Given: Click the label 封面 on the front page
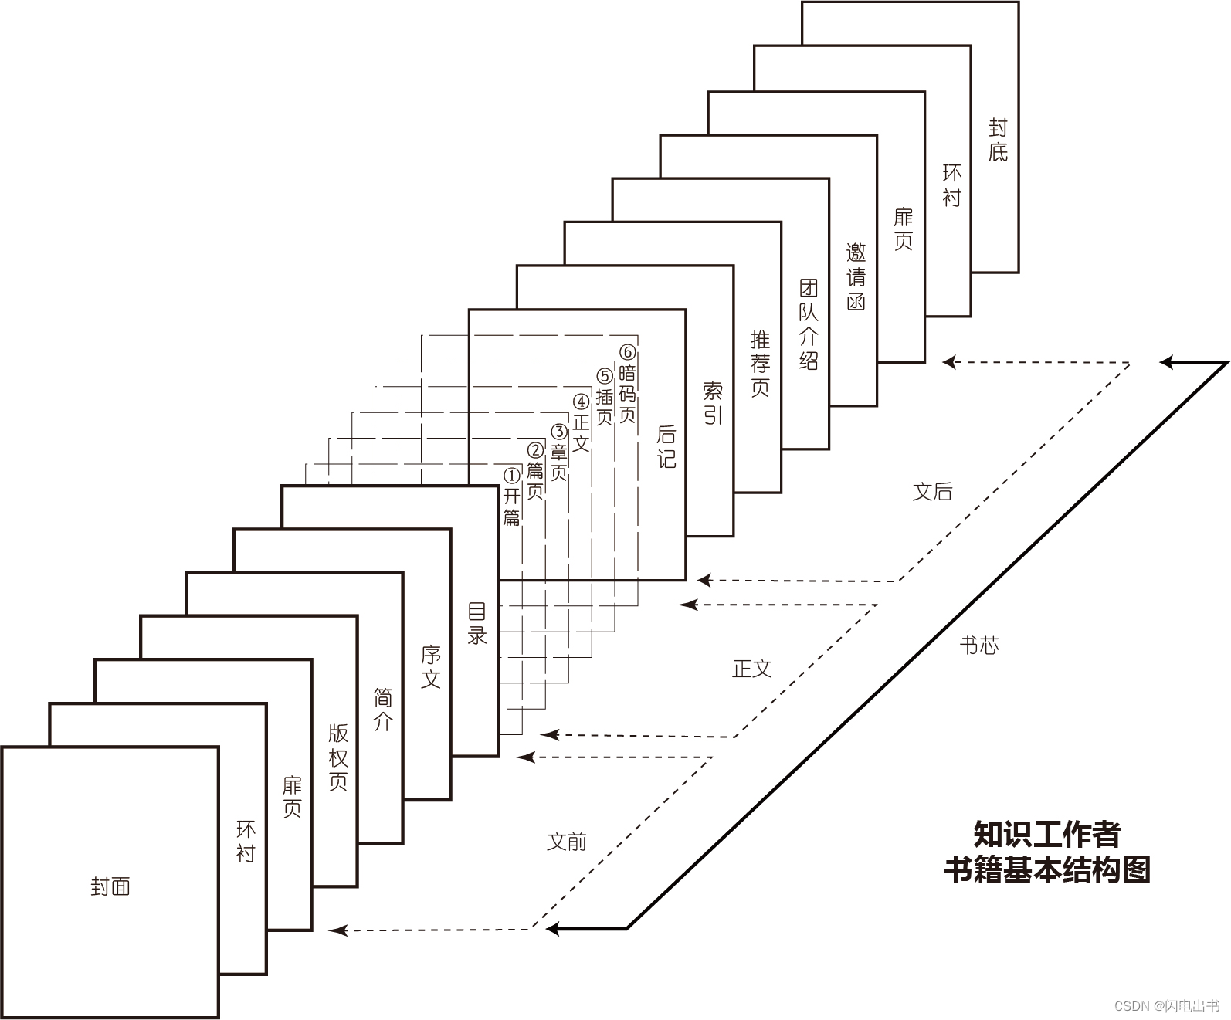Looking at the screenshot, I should point(110,886).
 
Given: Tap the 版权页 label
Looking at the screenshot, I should point(338,757).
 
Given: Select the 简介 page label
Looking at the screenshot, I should point(383,710).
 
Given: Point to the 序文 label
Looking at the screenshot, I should point(431,667).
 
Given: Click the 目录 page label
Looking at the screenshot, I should point(478,623).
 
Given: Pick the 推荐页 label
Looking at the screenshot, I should point(761,362).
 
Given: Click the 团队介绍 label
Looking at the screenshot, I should point(809,324).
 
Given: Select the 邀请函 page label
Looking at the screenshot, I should point(856,276).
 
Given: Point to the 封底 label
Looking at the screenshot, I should point(998,140).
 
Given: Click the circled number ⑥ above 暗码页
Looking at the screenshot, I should point(628,353).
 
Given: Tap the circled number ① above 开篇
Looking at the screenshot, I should point(511,476).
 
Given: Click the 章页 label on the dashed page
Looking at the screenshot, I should point(558,461).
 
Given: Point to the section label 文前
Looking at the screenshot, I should point(567,842).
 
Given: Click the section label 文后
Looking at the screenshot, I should point(932,492).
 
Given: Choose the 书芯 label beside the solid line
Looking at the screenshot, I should point(979,646).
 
